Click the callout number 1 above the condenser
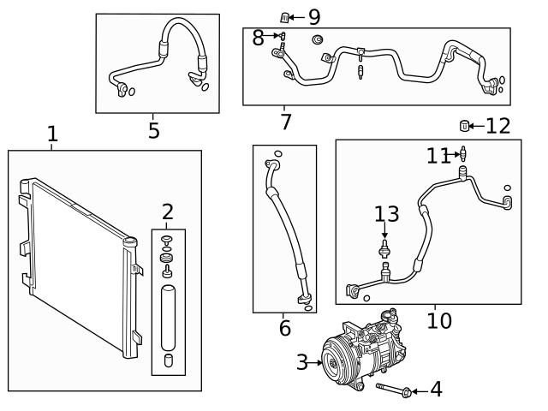52,134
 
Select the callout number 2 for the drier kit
168,211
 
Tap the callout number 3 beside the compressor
301,362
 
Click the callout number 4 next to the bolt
436,390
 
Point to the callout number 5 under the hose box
153,130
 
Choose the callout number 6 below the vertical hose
285,328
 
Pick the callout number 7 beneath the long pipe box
285,122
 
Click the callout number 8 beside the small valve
258,37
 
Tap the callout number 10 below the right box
438,321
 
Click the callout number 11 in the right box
438,155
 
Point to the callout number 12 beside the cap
497,126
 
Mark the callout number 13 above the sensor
386,213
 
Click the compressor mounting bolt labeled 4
390,390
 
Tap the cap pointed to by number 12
465,127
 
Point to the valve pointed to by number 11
463,155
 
